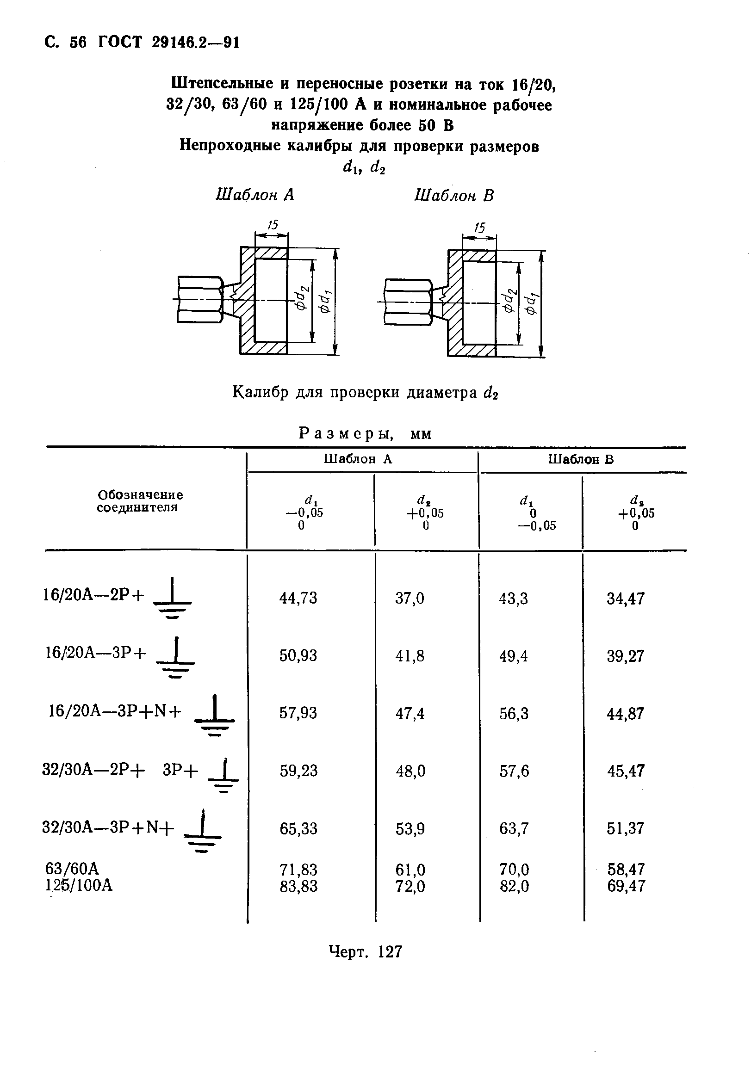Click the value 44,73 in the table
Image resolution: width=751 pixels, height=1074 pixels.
[x=298, y=598]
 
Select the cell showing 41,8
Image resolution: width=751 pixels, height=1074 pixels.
[x=410, y=656]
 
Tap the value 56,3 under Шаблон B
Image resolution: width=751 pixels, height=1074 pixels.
[x=514, y=714]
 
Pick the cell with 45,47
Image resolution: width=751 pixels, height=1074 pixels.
[x=626, y=771]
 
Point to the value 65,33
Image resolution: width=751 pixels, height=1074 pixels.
[x=298, y=829]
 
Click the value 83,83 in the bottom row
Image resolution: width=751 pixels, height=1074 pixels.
[x=298, y=886]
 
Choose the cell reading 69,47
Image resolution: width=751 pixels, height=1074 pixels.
[x=626, y=886]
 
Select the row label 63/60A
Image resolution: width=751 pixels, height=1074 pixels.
[x=72, y=869]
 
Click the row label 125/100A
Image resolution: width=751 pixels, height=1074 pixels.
[x=79, y=885]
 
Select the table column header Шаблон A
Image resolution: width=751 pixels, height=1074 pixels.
[x=358, y=459]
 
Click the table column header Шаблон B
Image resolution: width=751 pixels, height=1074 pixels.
[x=581, y=459]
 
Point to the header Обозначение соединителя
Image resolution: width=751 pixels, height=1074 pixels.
[x=140, y=501]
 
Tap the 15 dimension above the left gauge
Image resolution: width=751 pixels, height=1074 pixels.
[x=273, y=225]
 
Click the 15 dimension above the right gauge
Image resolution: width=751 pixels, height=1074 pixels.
[x=479, y=228]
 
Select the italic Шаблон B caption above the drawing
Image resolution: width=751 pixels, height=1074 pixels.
[x=454, y=195]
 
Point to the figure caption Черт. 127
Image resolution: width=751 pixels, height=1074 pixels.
[x=365, y=951]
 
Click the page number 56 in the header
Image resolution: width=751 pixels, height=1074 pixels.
[x=78, y=43]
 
